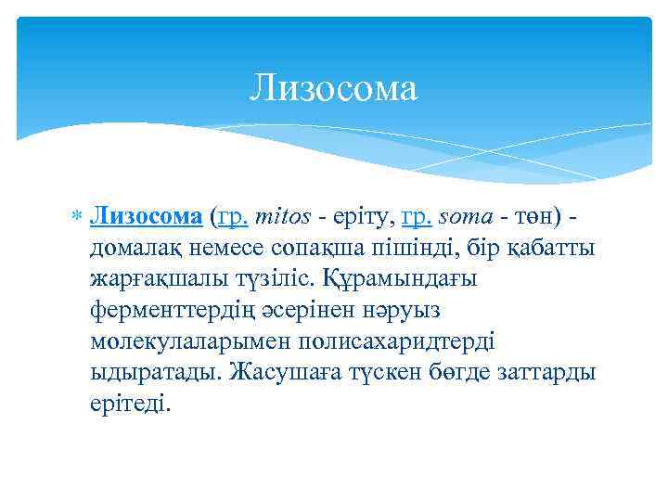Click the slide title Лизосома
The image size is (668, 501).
click(x=334, y=88)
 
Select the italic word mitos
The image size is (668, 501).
click(x=289, y=216)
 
